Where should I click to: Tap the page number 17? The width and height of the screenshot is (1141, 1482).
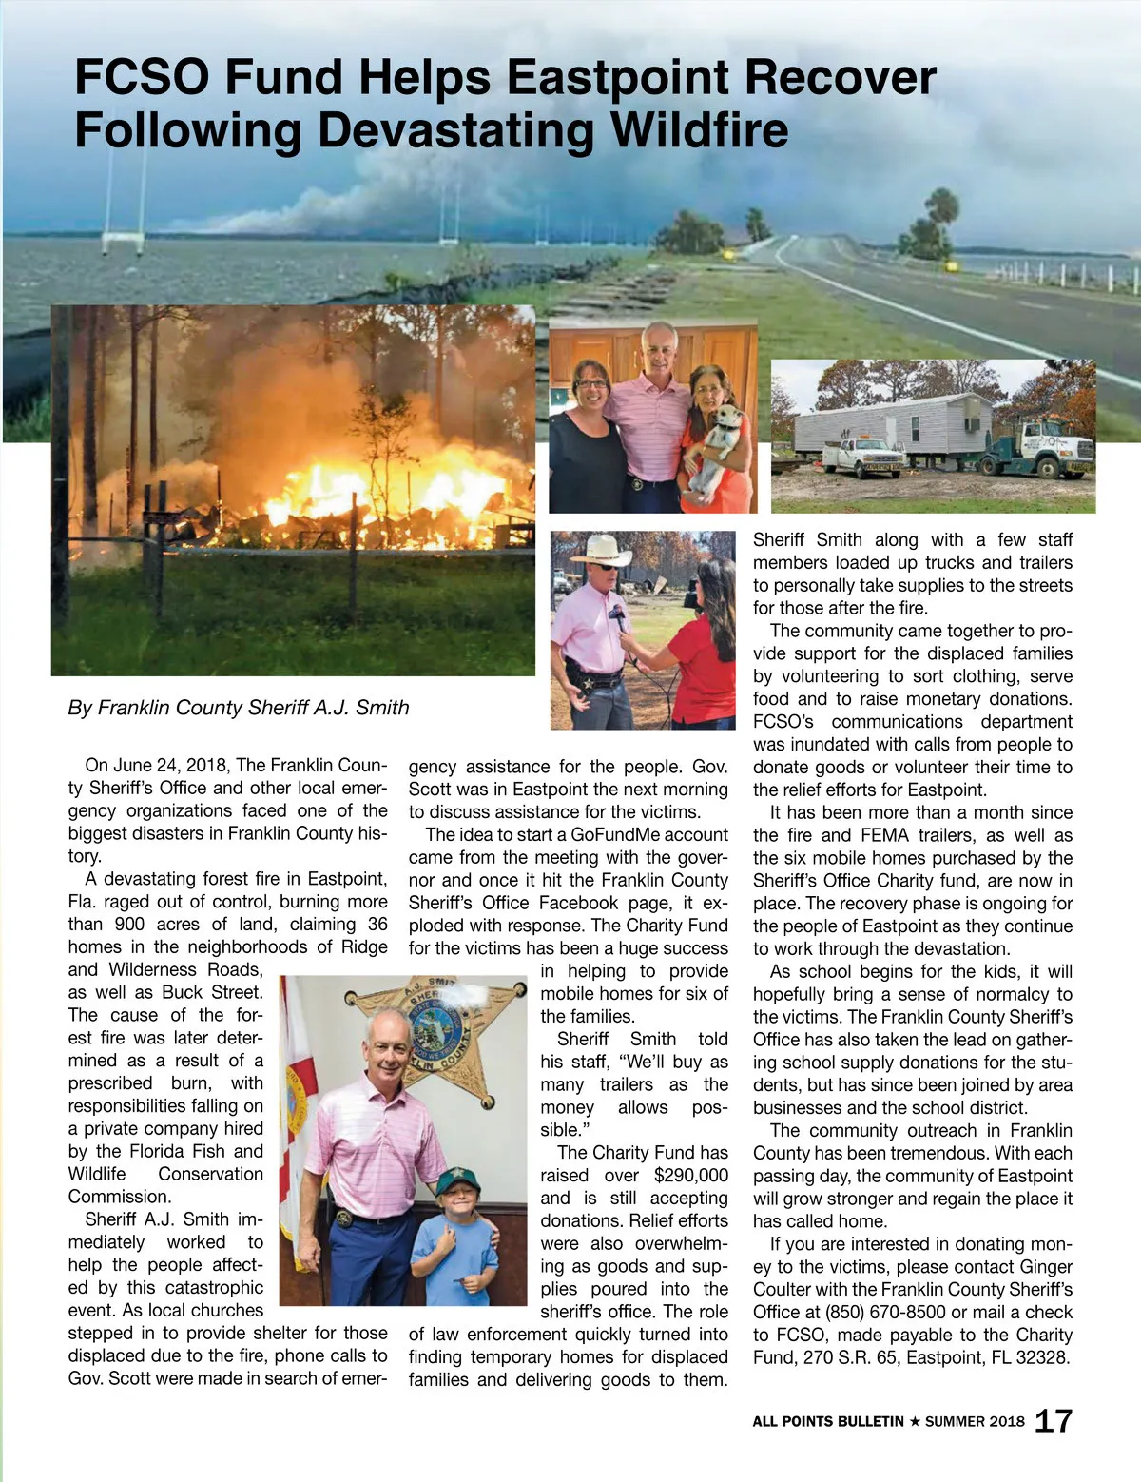click(x=1054, y=1421)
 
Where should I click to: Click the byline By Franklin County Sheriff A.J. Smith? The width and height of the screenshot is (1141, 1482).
click(x=239, y=708)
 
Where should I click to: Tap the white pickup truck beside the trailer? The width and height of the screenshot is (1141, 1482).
click(x=862, y=457)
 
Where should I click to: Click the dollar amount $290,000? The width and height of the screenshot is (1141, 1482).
click(x=691, y=1176)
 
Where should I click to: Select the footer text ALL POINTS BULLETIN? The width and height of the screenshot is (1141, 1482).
click(x=827, y=1422)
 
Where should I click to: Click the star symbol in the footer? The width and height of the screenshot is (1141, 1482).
click(x=915, y=1422)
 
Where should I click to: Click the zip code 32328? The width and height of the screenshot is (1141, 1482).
click(x=1043, y=1358)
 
